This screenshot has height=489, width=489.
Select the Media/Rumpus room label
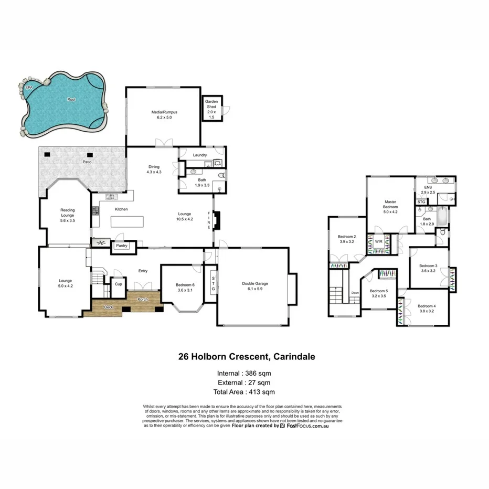point(162,114)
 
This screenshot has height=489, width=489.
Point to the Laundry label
point(200,155)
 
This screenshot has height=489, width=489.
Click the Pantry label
point(122,246)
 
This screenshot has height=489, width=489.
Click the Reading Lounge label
point(67,212)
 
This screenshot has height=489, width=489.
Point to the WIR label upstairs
point(378,242)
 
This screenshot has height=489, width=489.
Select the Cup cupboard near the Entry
point(118,284)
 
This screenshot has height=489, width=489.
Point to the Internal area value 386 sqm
point(257,373)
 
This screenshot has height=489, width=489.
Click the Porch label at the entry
point(143,300)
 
